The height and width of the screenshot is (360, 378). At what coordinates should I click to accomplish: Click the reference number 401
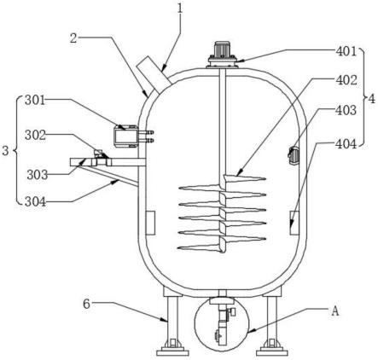click(346, 51)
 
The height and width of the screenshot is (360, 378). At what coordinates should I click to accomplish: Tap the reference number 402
click(346, 80)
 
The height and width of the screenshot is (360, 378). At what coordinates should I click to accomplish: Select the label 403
click(346, 110)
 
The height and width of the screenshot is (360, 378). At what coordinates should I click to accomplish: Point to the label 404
click(346, 144)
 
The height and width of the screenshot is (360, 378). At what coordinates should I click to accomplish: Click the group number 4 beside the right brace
click(371, 99)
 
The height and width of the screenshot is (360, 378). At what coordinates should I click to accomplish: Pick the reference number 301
click(35, 100)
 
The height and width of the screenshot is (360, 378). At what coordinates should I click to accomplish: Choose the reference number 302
click(35, 136)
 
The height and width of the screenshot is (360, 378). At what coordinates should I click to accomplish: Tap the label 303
click(38, 175)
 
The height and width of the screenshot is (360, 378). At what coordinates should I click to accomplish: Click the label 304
click(35, 202)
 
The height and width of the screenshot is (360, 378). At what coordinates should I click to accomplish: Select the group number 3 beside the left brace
click(5, 151)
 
